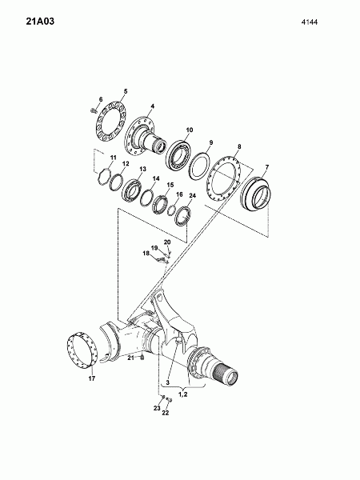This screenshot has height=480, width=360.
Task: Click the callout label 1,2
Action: click(183, 394)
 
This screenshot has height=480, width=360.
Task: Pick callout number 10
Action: click(189, 130)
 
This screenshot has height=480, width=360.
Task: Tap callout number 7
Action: click(267, 167)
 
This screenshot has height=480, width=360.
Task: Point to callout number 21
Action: click(130, 358)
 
